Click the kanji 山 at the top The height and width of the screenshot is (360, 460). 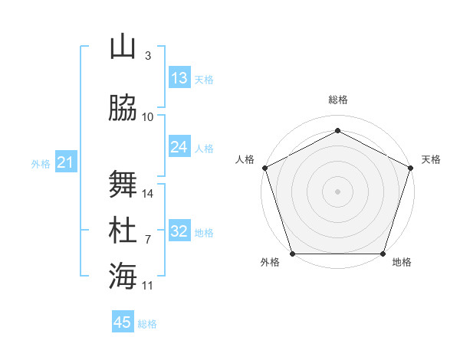coord(123,47)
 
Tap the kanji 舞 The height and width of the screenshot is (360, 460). coord(123,184)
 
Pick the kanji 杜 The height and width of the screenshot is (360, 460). coord(123,230)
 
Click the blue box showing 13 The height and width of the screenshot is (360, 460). coord(179,78)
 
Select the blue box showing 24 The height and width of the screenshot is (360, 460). coord(179,147)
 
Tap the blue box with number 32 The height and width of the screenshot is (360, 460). coord(179,231)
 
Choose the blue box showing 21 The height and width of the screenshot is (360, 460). coord(65,162)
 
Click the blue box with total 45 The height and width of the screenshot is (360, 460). coord(123,322)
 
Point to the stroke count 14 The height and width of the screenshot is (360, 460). coord(149,193)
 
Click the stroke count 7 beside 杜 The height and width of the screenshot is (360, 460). coord(148,239)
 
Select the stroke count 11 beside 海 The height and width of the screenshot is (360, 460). coord(149,285)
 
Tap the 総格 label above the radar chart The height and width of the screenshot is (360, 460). coord(338,100)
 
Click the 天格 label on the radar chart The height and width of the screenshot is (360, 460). coord(431,159)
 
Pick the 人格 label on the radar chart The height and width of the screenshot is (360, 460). coord(245,159)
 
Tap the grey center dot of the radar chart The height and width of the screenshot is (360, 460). coord(338,191)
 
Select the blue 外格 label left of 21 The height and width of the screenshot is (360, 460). coord(40,163)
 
